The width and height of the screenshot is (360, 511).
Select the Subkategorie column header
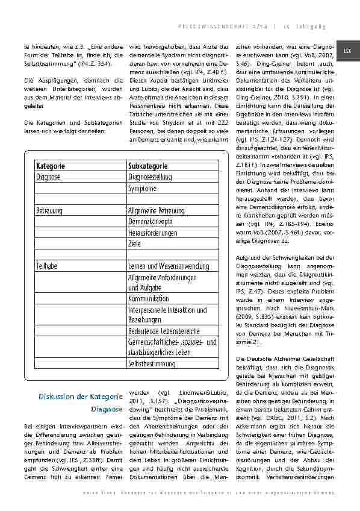pyautogui.click(x=148, y=166)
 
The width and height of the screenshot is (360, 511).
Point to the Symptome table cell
pyautogui.click(x=142, y=188)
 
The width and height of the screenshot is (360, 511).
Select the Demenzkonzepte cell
pyautogui.click(x=151, y=221)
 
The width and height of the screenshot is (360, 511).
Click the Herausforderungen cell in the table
pyautogui.click(x=154, y=233)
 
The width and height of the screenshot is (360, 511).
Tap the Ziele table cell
pyautogui.click(x=135, y=243)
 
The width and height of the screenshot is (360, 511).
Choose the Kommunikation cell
pyautogui.click(x=149, y=298)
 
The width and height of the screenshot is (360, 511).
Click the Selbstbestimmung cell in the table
pyautogui.click(x=152, y=365)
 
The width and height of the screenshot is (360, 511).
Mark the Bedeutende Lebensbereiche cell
pyautogui.click(x=163, y=331)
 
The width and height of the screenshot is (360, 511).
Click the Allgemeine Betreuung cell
pyautogui.click(x=157, y=210)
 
